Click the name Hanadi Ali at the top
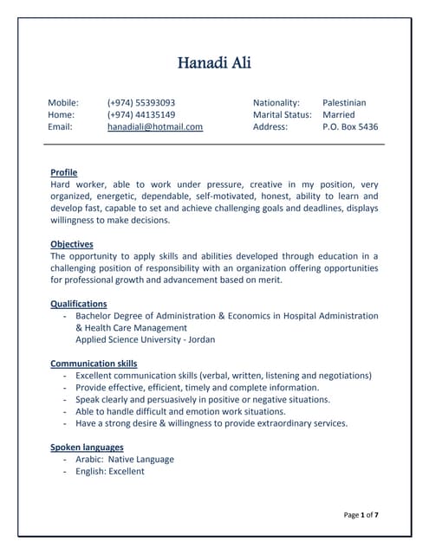pyautogui.click(x=214, y=62)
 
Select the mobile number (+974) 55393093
pyautogui.click(x=141, y=102)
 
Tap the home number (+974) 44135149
pyautogui.click(x=141, y=114)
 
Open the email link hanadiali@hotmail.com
pyautogui.click(x=155, y=126)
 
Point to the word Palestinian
pyautogui.click(x=344, y=102)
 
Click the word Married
pyautogui.click(x=339, y=114)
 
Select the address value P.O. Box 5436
pyautogui.click(x=350, y=126)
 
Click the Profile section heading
pyautogui.click(x=64, y=172)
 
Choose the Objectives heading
pyautogui.click(x=72, y=244)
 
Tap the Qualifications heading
pyautogui.click(x=79, y=304)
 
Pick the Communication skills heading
pyautogui.click(x=94, y=364)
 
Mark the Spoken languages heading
pyautogui.click(x=87, y=448)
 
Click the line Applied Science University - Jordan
pyautogui.click(x=146, y=340)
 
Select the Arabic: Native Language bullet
pyautogui.click(x=125, y=460)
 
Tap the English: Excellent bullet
pyautogui.click(x=110, y=472)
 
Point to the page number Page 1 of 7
pyautogui.click(x=361, y=515)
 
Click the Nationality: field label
pyautogui.click(x=276, y=102)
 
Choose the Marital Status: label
pyautogui.click(x=283, y=114)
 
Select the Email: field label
pyautogui.click(x=60, y=126)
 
